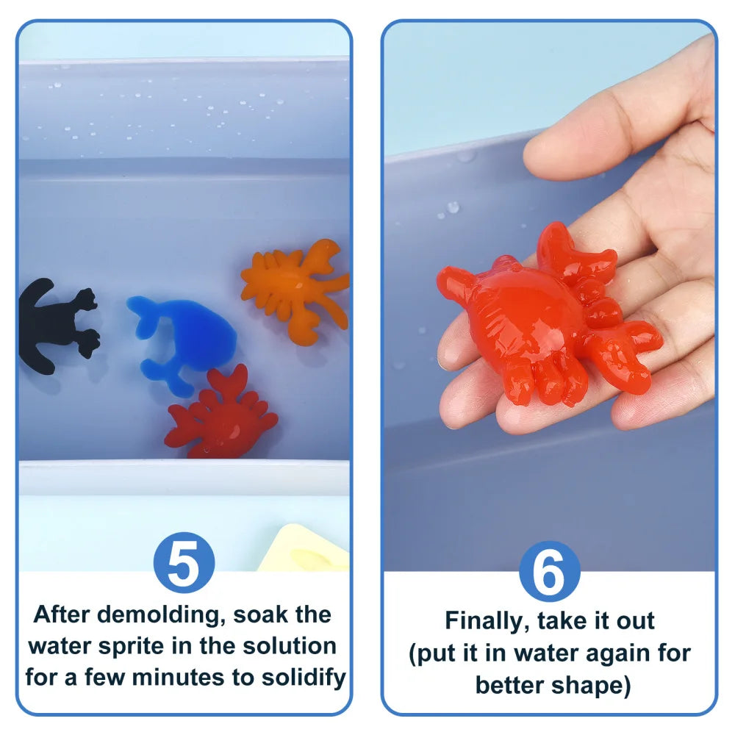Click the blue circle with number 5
tap(184, 564)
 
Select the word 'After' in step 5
tap(62, 614)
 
